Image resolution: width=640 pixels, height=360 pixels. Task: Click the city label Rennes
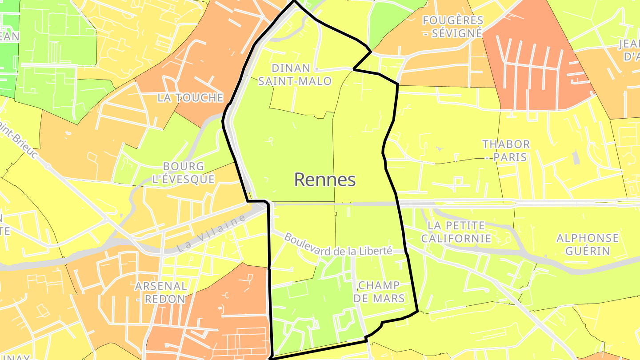tap(325, 180)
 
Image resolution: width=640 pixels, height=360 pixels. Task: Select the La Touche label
tap(190, 98)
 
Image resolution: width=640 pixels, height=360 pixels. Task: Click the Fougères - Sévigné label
tap(452, 27)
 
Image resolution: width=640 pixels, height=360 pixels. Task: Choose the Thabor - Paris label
tap(506, 151)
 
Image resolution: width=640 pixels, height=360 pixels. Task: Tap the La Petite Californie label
tap(456, 232)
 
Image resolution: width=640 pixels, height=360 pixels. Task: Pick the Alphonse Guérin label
tap(588, 244)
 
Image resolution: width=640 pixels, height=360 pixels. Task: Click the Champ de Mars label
tap(379, 292)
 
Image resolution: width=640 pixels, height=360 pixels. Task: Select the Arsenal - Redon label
tap(161, 292)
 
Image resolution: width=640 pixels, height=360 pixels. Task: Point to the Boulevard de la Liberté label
tap(338, 245)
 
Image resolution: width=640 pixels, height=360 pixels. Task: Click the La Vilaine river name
tap(211, 234)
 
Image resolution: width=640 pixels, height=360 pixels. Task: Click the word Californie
tap(456, 239)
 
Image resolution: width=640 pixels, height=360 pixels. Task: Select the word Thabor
tap(506, 144)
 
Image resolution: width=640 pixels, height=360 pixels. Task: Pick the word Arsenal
tap(161, 285)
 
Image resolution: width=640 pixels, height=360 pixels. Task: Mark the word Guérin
tap(588, 251)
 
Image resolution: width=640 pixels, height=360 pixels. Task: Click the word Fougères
tap(452, 20)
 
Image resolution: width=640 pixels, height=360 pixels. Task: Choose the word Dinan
tap(291, 68)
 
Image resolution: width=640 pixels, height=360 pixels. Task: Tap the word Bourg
tap(183, 166)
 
